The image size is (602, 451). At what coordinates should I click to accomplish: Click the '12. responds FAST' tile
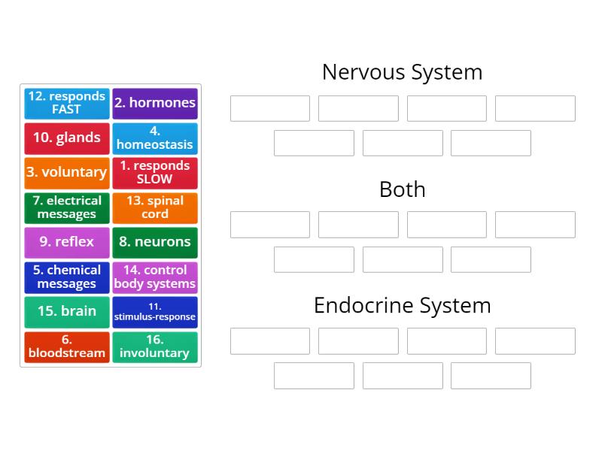pos(67,103)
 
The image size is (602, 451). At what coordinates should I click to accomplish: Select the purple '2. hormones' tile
pos(155,103)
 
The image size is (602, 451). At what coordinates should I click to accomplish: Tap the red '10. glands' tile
pos(67,138)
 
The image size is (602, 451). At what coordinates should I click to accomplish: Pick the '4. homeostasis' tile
pos(155,138)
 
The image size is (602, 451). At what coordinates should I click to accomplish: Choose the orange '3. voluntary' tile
pos(67,172)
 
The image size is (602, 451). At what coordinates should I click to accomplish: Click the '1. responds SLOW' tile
pos(155,172)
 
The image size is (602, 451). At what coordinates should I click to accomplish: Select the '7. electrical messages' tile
pos(67,207)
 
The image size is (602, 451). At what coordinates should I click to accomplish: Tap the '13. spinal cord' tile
pos(155,207)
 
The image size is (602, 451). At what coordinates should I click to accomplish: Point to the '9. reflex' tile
pos(67,242)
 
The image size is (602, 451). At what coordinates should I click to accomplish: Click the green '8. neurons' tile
pos(155,242)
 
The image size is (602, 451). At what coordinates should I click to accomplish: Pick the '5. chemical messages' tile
pos(67,277)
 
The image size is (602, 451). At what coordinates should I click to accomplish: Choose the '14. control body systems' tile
pos(155,277)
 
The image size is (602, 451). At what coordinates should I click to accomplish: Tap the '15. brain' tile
pos(67,311)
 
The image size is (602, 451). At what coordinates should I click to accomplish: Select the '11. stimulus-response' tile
pos(155,311)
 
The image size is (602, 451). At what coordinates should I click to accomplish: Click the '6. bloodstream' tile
pos(67,347)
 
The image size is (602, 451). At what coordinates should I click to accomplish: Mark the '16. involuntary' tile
pos(155,347)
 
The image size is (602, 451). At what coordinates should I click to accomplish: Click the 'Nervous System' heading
pos(402,72)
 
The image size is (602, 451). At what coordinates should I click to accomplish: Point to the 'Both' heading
pos(402,189)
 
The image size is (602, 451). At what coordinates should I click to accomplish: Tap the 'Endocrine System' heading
pos(402,305)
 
